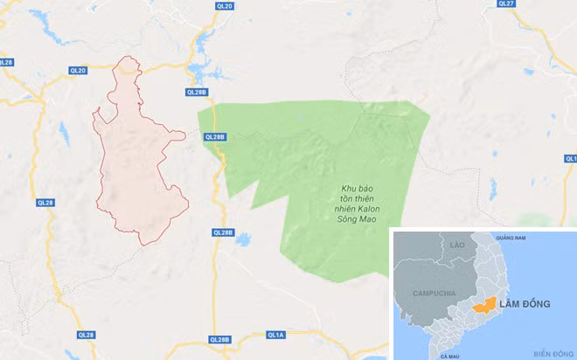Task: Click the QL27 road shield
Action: pyautogui.click(x=505, y=3)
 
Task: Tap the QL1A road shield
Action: pyautogui.click(x=276, y=334)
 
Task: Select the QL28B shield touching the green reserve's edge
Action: pyautogui.click(x=215, y=136)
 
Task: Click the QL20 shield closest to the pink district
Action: pyautogui.click(x=78, y=71)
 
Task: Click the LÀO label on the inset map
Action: pyautogui.click(x=456, y=246)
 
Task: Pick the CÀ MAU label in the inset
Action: pyautogui.click(x=449, y=356)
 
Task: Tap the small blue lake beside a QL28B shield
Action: pyautogui.click(x=243, y=239)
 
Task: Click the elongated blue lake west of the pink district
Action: pyautogui.click(x=63, y=133)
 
